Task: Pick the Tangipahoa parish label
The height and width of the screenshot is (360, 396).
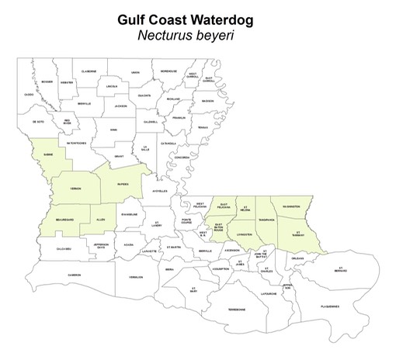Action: tap(266, 218)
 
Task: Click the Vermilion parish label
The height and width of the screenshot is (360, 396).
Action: tap(136, 276)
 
